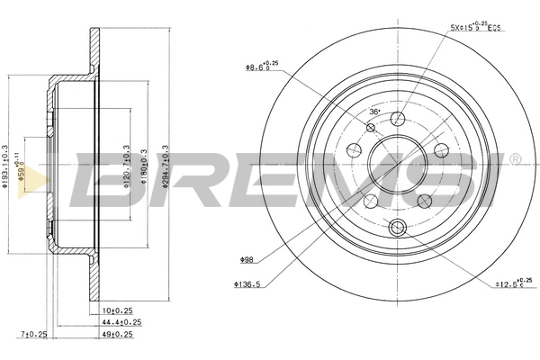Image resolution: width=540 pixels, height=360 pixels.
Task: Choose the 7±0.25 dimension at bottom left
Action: pyautogui.click(x=34, y=333)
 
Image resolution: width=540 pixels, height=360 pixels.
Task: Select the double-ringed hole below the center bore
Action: pyautogui.click(x=397, y=229)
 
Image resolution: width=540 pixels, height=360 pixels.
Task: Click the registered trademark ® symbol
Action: pyautogui.click(x=514, y=158)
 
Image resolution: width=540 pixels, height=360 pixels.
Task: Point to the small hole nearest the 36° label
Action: pyautogui.click(x=371, y=128)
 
